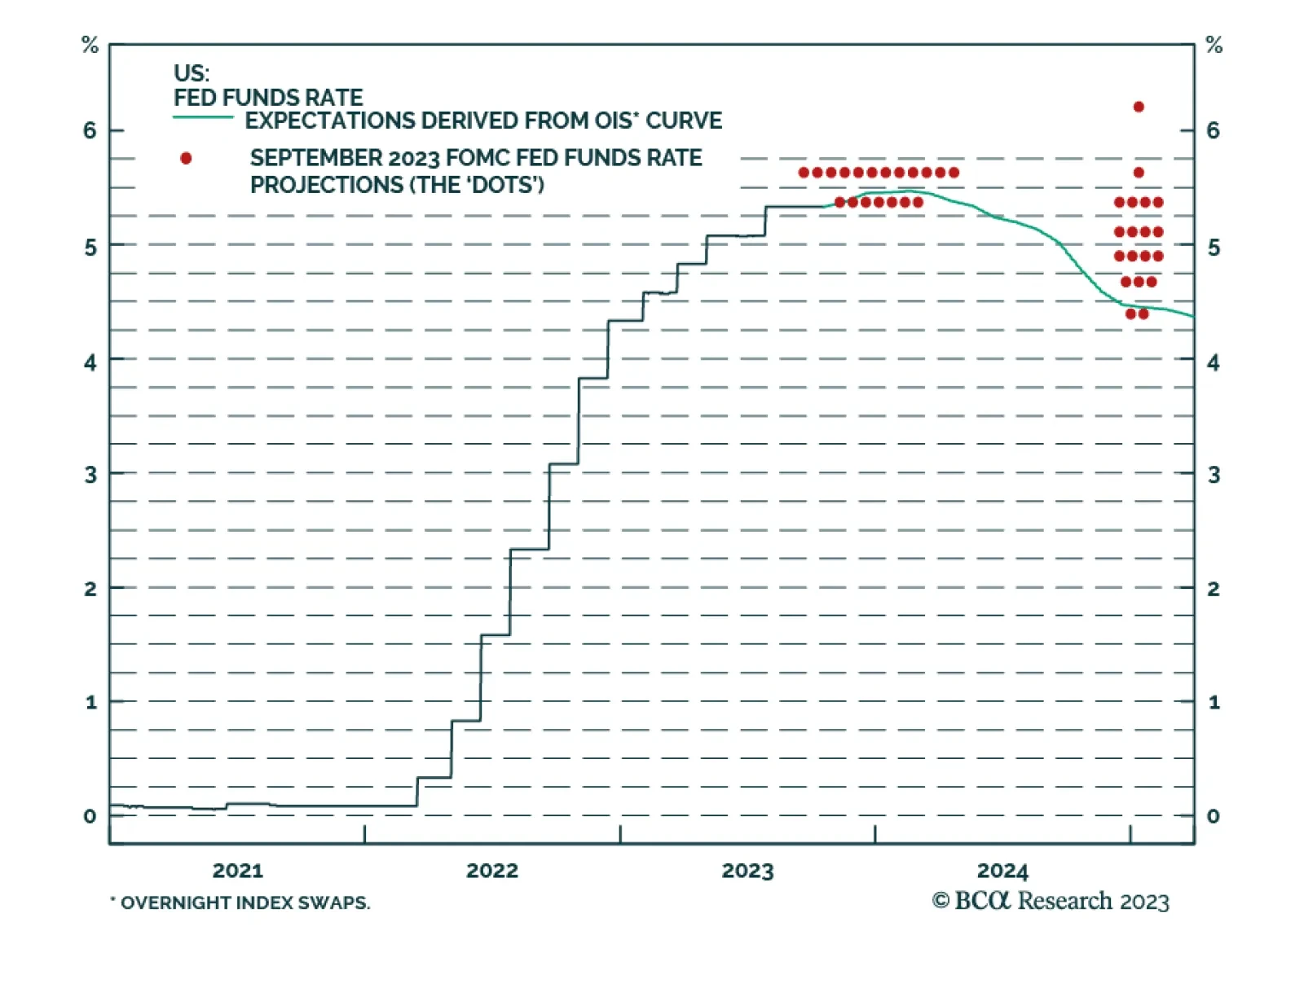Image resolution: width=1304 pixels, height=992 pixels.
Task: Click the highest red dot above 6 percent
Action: pos(1139,107)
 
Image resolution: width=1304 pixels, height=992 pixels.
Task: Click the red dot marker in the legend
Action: pos(186,158)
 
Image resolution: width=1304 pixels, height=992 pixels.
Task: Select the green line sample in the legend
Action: pos(203,119)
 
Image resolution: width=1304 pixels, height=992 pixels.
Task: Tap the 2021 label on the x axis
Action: pos(237,871)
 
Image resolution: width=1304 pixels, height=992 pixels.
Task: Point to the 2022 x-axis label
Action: pos(491,871)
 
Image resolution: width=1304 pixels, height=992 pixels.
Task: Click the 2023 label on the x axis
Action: pos(747,871)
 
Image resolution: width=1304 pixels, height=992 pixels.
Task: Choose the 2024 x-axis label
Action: pos(1002,871)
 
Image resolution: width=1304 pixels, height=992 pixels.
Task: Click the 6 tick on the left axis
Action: pos(90,130)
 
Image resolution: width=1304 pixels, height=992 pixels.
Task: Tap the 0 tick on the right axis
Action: pos(1213,816)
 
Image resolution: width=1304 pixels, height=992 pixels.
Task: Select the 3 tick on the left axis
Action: pos(90,475)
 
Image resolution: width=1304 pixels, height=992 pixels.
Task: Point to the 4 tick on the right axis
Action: pos(1213,362)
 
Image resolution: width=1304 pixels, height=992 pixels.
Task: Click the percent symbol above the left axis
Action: pos(90,46)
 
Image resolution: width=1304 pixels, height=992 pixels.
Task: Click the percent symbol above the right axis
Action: pos(1214,46)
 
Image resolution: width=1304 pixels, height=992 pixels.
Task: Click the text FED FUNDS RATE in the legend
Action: pos(268,98)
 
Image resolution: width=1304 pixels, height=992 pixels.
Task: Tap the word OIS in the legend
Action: pos(615,121)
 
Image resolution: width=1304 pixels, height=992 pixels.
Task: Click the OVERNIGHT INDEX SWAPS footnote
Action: pos(244,902)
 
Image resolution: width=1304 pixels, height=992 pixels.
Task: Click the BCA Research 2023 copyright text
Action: pos(1051,901)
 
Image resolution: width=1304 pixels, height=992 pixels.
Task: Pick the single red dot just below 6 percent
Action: pos(1139,173)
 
